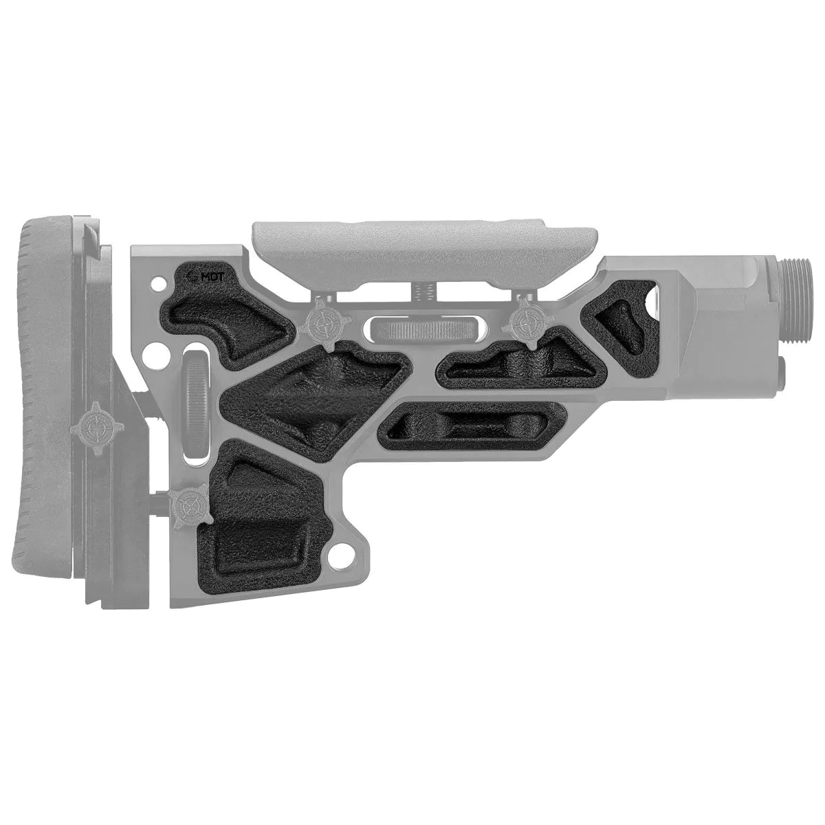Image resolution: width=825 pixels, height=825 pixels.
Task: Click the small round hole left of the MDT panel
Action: coord(159,282)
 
